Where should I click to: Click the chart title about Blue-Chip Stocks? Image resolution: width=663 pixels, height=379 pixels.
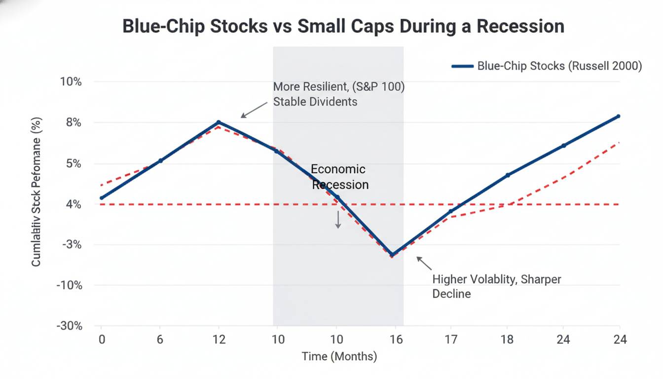(343, 26)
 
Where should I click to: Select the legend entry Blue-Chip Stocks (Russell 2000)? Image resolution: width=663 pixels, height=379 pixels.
(547, 66)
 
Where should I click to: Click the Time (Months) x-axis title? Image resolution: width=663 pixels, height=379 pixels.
(339, 356)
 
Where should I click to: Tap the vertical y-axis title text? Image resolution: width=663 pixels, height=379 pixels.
(36, 192)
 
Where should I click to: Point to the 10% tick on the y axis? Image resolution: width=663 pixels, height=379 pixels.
(71, 81)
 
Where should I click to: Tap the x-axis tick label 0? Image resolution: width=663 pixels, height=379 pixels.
(102, 340)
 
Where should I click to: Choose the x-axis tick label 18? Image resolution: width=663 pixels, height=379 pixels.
(507, 340)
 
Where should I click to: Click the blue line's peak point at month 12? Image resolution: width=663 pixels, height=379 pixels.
(219, 122)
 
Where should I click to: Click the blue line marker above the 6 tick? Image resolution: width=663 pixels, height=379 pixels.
(160, 161)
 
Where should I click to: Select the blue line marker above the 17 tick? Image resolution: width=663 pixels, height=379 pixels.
(450, 211)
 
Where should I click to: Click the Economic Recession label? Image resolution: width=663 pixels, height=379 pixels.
(339, 177)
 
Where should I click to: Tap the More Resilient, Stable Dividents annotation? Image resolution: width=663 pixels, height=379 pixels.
(338, 94)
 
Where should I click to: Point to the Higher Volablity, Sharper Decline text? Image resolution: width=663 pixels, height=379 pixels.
(496, 286)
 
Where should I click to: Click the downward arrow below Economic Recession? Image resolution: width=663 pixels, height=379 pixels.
(338, 219)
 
